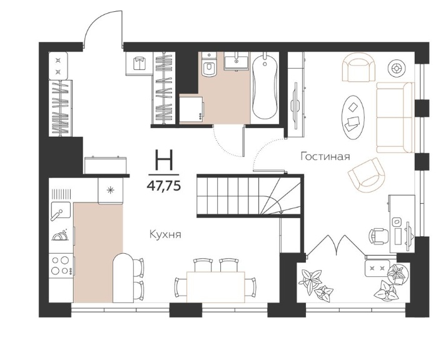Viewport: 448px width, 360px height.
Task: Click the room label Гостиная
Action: tap(325, 156)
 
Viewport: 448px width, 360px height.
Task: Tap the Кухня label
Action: tap(165, 234)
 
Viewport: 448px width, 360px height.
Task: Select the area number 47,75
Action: tap(164, 186)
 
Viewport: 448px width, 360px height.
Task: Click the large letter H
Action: tap(164, 160)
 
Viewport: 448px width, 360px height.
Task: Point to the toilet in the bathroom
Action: tap(209, 65)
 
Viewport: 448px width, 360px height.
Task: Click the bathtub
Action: tap(265, 87)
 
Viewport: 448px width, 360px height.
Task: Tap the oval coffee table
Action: tap(353, 117)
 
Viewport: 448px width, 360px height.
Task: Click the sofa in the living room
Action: tap(395, 117)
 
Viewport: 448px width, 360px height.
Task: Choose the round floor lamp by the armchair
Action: tap(397, 68)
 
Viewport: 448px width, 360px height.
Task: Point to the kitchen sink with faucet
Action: tap(61, 211)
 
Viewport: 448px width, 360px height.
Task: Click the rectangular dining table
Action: tap(216, 287)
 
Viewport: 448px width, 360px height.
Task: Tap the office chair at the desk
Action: tap(379, 236)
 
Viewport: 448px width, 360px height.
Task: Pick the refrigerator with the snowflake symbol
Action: tap(110, 190)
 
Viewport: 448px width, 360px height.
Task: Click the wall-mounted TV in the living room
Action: tap(295, 102)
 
